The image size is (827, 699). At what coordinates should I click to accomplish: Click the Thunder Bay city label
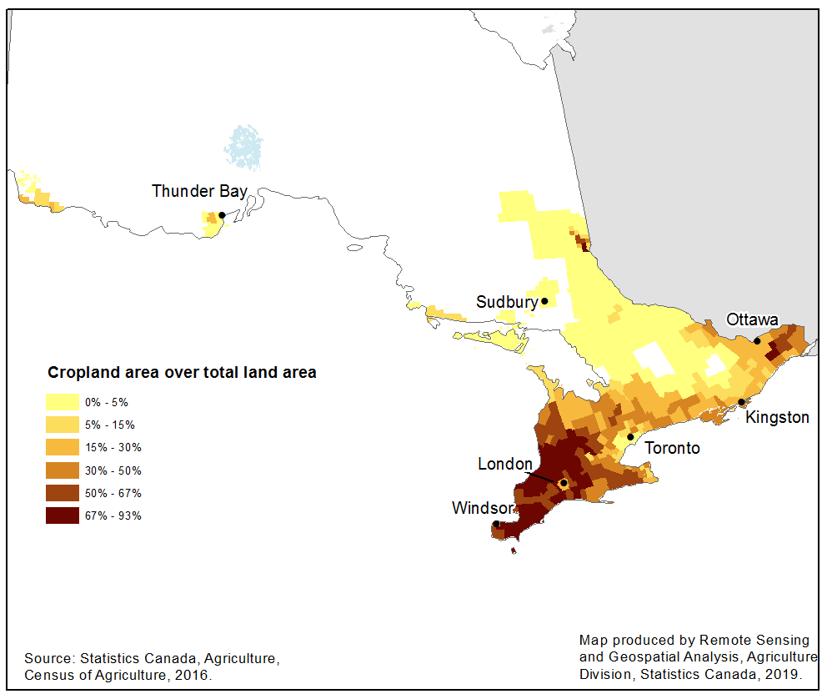click(x=199, y=191)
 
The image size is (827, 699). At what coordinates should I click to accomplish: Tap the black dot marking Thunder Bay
click(x=222, y=215)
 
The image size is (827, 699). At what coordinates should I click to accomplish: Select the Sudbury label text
click(x=506, y=302)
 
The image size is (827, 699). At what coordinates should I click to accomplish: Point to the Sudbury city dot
click(x=544, y=301)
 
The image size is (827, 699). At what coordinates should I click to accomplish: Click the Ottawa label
click(x=752, y=319)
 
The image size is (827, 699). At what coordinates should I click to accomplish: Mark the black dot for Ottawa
click(x=757, y=340)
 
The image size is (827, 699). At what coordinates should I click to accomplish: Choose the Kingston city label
click(x=777, y=417)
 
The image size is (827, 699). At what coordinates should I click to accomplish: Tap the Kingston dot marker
click(x=741, y=402)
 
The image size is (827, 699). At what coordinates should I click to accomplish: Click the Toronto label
click(x=673, y=448)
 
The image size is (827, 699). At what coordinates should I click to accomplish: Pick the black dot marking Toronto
click(x=631, y=437)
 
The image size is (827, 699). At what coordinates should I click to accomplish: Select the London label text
click(x=504, y=464)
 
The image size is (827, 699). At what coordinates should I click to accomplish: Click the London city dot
click(x=564, y=483)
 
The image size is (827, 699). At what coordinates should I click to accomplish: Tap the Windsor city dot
click(x=497, y=524)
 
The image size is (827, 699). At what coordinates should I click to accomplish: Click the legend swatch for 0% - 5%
click(x=63, y=402)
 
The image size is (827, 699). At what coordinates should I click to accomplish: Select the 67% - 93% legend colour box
click(x=63, y=515)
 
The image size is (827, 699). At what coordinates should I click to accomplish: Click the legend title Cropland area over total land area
click(x=182, y=373)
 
